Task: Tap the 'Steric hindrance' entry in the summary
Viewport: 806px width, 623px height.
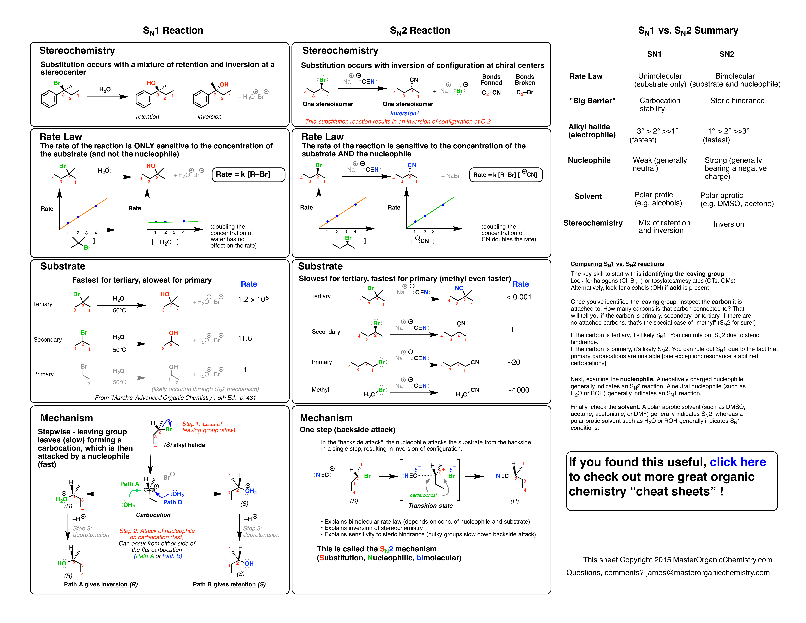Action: (737, 101)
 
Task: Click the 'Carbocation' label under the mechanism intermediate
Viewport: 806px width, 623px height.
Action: (153, 515)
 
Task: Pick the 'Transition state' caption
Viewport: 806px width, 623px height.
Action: (430, 506)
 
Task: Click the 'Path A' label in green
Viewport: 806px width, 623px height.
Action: (130, 484)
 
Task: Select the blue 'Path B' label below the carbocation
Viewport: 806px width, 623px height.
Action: (172, 502)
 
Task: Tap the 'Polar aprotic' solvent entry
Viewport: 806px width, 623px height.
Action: (721, 195)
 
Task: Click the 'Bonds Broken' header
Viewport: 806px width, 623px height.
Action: (525, 80)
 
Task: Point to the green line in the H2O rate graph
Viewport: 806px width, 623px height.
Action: (173, 222)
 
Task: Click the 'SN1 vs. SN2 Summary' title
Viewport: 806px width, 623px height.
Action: (688, 31)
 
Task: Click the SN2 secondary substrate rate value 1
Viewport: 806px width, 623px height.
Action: (512, 330)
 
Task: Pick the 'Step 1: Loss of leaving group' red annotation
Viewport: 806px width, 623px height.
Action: (208, 427)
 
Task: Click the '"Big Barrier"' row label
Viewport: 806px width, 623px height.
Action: (592, 101)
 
